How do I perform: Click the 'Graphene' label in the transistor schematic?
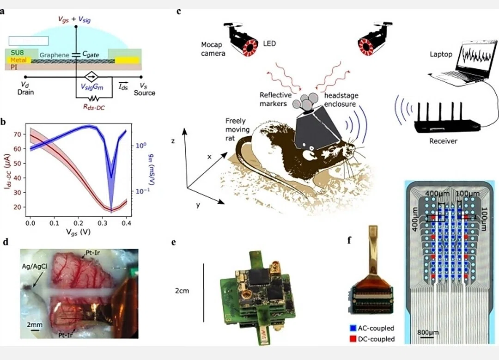coord(54,55)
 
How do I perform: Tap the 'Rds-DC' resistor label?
coord(94,107)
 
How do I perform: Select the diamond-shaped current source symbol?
coord(91,77)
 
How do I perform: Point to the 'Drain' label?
coord(25,92)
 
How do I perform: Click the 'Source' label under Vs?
coord(145,93)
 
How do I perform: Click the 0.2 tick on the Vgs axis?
coord(78,223)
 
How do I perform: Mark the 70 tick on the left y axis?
coord(18,134)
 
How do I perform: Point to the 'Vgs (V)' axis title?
coord(78,232)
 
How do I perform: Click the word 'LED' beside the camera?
coord(269,43)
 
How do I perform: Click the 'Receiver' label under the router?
coord(443,141)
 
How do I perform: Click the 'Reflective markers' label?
coord(275,99)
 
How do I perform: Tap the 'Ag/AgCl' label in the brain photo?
coord(34,266)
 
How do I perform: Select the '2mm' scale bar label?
coord(35,325)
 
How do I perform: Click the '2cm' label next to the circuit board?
coord(182,291)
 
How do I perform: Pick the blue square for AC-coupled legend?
coord(353,328)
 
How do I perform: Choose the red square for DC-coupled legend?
coord(353,339)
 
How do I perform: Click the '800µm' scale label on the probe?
coord(428,332)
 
